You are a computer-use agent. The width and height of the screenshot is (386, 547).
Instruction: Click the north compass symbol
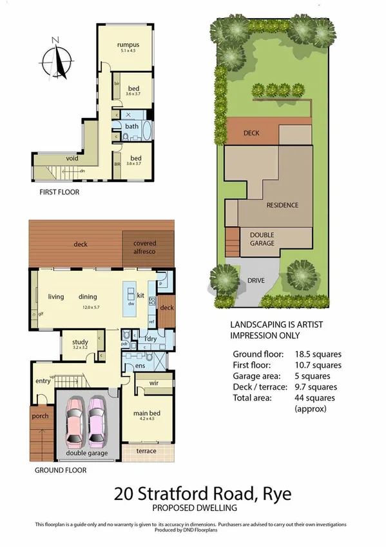point(57,60)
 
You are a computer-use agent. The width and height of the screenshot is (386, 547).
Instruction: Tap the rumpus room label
point(128,45)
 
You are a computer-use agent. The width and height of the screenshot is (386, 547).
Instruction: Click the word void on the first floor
point(73,158)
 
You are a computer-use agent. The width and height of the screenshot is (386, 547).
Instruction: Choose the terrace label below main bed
point(146,450)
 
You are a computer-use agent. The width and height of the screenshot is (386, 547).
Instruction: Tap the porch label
point(40,416)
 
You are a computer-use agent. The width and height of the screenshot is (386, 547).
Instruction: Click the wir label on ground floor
point(154,384)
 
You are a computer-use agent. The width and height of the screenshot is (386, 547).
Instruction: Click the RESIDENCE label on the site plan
point(282,205)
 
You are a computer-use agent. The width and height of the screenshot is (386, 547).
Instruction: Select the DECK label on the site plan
point(251,134)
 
